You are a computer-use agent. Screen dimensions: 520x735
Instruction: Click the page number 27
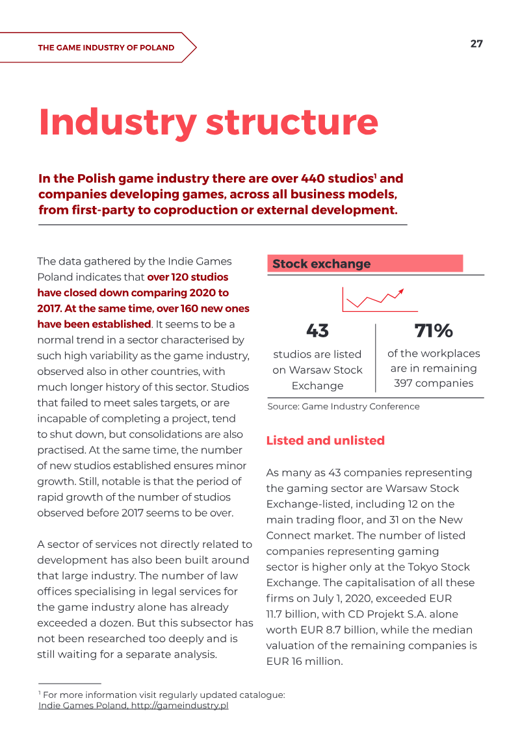476,44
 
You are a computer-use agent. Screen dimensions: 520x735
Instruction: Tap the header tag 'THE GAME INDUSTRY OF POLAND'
106,47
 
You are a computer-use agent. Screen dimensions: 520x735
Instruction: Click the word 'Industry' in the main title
118,122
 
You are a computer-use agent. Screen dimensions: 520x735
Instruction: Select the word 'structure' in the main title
292,122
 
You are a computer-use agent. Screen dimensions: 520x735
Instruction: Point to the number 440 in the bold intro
313,179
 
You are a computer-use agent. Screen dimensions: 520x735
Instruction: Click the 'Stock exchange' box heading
321,264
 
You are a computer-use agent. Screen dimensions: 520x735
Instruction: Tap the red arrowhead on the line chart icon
400,292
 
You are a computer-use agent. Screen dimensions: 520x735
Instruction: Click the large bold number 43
317,331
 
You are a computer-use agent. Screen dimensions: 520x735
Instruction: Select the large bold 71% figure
434,331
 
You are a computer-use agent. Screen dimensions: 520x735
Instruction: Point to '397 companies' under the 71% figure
434,383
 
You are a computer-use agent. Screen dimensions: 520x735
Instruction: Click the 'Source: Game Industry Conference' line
343,406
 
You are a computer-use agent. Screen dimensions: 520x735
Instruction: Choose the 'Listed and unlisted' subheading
326,441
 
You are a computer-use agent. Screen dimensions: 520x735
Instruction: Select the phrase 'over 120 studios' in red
188,277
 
